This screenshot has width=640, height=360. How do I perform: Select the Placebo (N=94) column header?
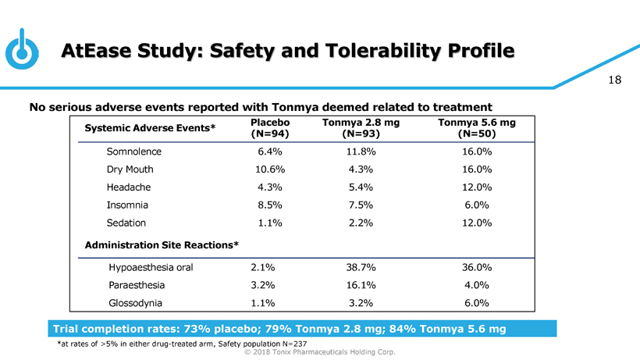click(x=270, y=128)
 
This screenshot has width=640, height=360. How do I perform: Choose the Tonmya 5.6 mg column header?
click(x=476, y=128)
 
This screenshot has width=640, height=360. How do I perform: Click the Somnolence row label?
click(x=134, y=151)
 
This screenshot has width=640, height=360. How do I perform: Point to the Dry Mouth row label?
click(x=130, y=169)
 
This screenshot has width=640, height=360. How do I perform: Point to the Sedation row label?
click(x=127, y=223)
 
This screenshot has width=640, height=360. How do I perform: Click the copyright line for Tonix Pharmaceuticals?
click(x=320, y=352)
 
